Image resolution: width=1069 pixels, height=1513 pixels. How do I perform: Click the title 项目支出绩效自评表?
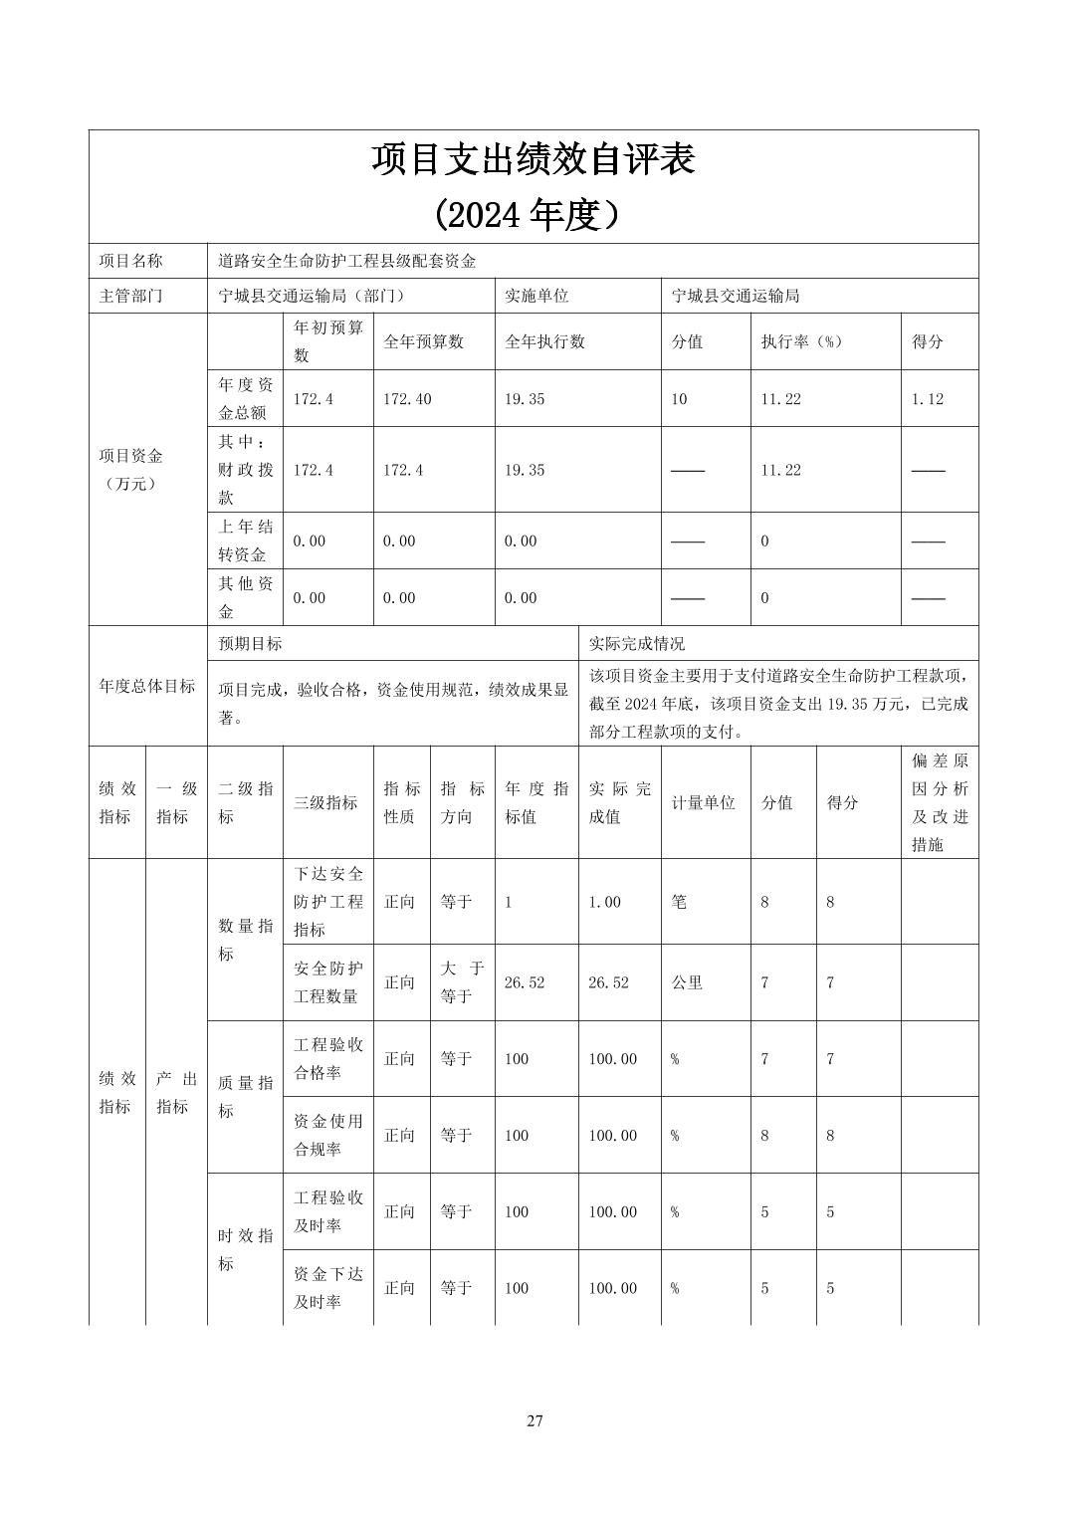click(533, 160)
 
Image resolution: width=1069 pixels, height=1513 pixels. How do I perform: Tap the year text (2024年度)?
click(533, 214)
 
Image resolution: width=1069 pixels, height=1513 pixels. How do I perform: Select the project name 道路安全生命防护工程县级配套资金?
click(347, 262)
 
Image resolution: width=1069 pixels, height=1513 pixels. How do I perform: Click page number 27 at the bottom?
click(534, 1420)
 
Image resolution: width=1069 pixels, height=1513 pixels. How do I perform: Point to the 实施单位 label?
click(536, 297)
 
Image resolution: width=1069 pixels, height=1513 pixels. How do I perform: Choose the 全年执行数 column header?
click(544, 342)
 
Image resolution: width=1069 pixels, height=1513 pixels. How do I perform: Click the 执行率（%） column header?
click(801, 342)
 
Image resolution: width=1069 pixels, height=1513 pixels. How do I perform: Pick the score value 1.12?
click(927, 399)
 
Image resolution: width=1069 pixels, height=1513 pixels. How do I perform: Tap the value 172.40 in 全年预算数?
click(407, 399)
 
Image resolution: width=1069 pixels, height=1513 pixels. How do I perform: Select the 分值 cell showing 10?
click(679, 399)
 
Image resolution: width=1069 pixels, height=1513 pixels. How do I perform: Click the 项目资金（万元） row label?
click(130, 470)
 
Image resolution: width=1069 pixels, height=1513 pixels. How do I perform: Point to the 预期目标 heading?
click(251, 644)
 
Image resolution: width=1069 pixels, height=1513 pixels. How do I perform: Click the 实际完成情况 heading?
click(637, 644)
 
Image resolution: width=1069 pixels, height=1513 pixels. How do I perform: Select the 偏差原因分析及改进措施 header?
click(940, 802)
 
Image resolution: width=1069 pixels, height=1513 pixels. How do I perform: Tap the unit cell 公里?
click(687, 982)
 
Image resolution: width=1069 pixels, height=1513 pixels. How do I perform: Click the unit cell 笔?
click(679, 902)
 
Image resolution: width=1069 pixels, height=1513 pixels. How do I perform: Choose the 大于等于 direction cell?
click(462, 982)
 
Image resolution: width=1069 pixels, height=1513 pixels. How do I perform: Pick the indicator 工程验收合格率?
click(328, 1059)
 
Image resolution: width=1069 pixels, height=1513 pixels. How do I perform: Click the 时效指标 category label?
click(245, 1249)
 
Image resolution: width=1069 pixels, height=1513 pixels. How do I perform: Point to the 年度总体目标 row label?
click(147, 687)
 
